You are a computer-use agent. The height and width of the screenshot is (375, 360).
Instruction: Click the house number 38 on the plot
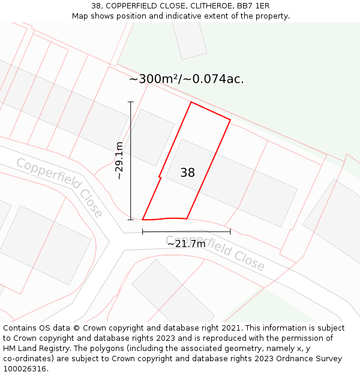(x=187, y=173)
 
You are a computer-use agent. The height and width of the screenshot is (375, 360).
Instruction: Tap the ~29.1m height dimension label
(x=119, y=161)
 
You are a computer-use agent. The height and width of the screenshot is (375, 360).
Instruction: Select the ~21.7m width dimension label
(x=186, y=244)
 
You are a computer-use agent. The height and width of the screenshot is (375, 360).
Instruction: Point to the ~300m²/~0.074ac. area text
(x=187, y=79)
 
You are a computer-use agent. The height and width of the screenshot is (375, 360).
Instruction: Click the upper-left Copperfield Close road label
(x=59, y=187)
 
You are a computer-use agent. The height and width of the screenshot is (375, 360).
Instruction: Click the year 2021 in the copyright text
(x=230, y=328)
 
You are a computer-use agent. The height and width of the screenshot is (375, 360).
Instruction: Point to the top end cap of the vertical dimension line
(x=130, y=103)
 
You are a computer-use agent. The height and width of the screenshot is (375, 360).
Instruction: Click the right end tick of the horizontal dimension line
(x=230, y=232)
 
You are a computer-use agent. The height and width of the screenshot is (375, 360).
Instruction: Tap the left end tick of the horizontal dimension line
(x=142, y=232)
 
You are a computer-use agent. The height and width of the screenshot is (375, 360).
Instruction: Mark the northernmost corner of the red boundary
(x=191, y=102)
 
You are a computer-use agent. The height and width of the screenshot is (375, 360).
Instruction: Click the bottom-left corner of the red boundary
(x=143, y=220)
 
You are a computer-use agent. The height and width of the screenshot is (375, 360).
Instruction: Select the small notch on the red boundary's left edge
(x=160, y=177)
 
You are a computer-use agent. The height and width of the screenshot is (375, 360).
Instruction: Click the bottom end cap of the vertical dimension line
(x=130, y=220)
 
